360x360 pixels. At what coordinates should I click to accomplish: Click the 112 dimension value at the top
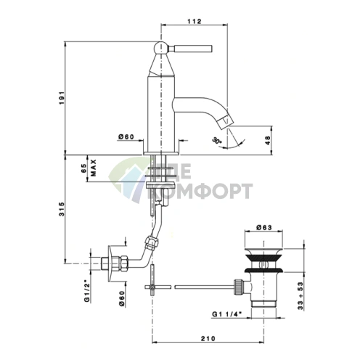pyautogui.click(x=195, y=21)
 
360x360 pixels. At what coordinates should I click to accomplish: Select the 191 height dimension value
pyautogui.click(x=62, y=98)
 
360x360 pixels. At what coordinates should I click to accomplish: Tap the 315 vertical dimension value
pyautogui.click(x=62, y=209)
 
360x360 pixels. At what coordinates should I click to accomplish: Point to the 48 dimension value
pyautogui.click(x=268, y=140)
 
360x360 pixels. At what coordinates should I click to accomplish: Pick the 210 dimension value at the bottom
pyautogui.click(x=208, y=338)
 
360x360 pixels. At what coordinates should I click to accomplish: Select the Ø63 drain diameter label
pyautogui.click(x=264, y=227)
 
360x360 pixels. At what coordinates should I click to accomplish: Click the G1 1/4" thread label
pyautogui.click(x=227, y=314)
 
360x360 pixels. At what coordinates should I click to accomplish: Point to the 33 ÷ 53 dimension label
pyautogui.click(x=300, y=296)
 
